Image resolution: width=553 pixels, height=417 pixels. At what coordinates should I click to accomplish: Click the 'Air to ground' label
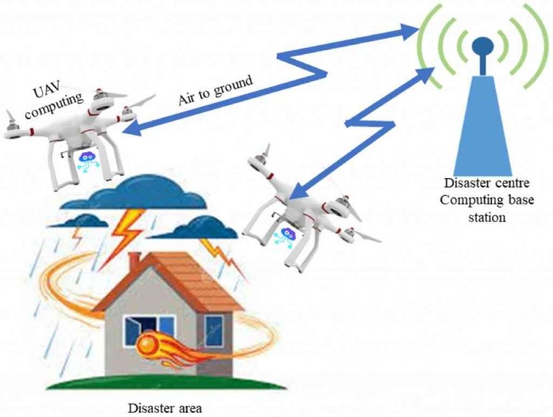click(x=215, y=90)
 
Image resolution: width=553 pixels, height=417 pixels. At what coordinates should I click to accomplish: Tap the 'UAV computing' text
click(x=53, y=100)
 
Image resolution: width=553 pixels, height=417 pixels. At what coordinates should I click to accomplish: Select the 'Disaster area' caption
click(x=165, y=408)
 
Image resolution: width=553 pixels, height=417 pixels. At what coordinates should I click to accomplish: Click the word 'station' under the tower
click(x=487, y=217)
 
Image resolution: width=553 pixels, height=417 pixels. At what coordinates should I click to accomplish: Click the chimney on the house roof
click(x=134, y=261)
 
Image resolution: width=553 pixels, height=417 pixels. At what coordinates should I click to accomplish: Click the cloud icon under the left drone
click(x=88, y=160)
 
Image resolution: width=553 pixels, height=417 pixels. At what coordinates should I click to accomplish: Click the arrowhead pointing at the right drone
click(x=299, y=190)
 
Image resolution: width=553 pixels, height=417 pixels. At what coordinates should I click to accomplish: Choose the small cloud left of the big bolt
click(x=78, y=220)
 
